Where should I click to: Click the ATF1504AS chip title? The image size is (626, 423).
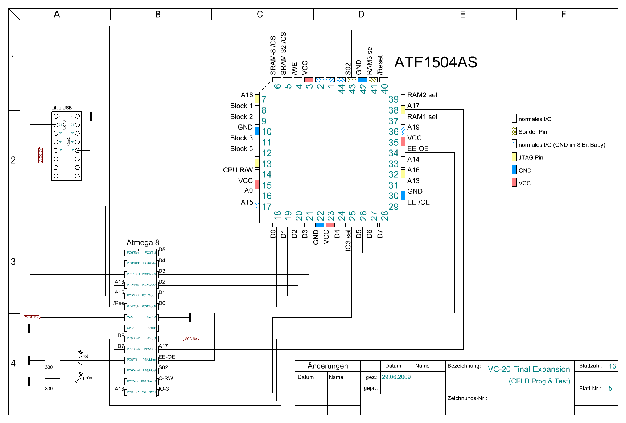click(x=435, y=62)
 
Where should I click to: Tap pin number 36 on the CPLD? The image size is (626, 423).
click(x=394, y=132)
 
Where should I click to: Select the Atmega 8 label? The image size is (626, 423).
click(x=143, y=242)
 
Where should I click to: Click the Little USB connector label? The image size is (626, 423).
click(x=62, y=108)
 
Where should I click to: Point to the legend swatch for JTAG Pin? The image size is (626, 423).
click(x=514, y=157)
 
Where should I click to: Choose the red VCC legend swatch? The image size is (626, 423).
click(x=514, y=183)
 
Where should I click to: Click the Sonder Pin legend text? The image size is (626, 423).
click(x=532, y=132)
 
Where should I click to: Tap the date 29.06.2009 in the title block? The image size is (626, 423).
click(x=396, y=377)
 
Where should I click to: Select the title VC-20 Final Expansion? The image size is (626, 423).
click(x=528, y=369)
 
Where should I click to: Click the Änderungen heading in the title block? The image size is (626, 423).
click(x=328, y=366)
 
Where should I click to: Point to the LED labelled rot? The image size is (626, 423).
click(x=78, y=360)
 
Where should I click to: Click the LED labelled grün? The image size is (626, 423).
click(x=78, y=382)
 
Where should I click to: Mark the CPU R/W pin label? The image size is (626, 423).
click(x=238, y=170)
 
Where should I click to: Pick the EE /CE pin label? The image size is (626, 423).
click(x=418, y=202)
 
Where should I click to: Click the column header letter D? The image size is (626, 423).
click(x=361, y=14)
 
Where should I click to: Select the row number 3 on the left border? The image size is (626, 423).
click(x=13, y=262)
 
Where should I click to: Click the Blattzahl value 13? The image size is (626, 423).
click(x=612, y=366)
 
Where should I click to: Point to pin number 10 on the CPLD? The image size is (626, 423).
click(x=267, y=132)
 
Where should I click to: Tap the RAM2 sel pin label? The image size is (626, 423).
click(x=422, y=95)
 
